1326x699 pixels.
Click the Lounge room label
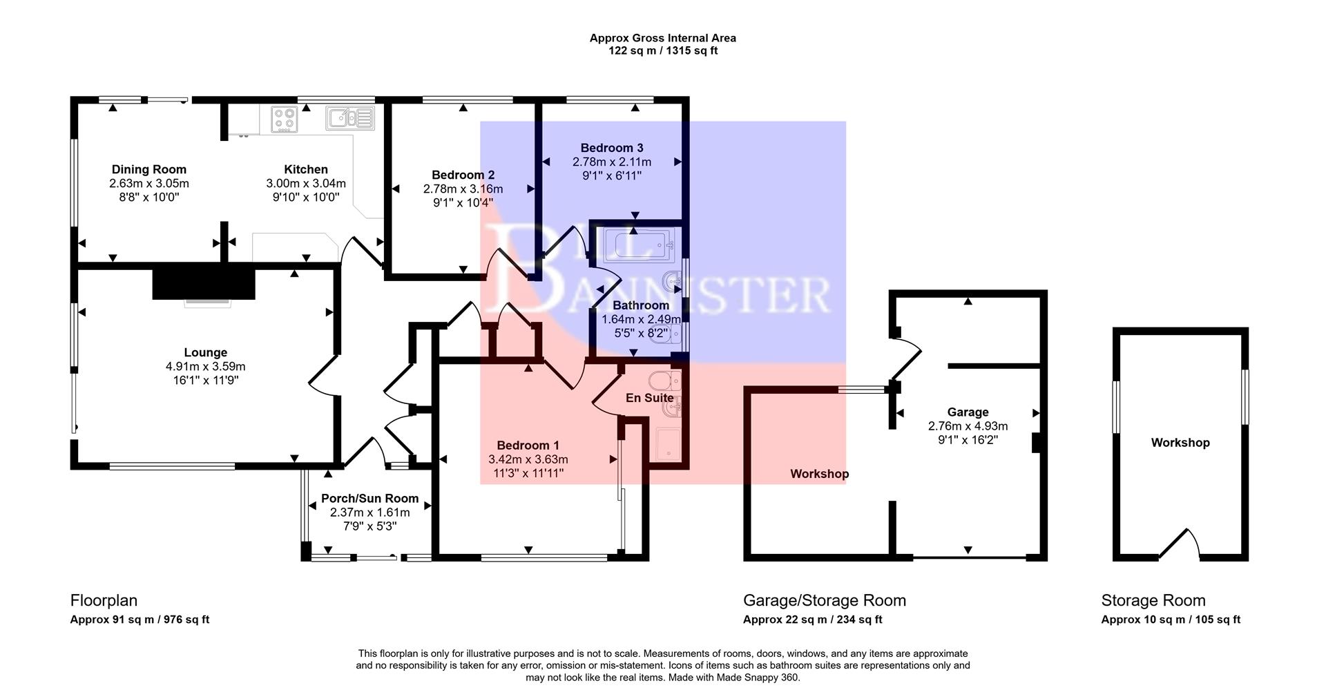pyautogui.click(x=205, y=352)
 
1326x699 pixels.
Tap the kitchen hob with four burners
pyautogui.click(x=284, y=119)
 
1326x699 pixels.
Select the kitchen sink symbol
pyautogui.click(x=350, y=118)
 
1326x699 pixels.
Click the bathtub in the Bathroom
pyautogui.click(x=635, y=246)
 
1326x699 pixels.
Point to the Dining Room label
pyautogui.click(x=149, y=169)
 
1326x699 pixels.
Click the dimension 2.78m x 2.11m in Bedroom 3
pyautogui.click(x=611, y=162)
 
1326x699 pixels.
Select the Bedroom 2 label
pyautogui.click(x=463, y=175)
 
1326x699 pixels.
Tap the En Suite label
pyautogui.click(x=649, y=398)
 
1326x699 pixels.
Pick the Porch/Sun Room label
pyautogui.click(x=369, y=499)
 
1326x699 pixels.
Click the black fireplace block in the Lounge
pyautogui.click(x=204, y=284)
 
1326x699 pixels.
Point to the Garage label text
pyautogui.click(x=968, y=412)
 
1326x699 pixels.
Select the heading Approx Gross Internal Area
pyautogui.click(x=662, y=38)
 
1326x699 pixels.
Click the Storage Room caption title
pyautogui.click(x=1153, y=600)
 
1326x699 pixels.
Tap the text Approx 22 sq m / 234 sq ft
pyautogui.click(x=812, y=620)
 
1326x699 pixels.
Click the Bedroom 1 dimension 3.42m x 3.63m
pyautogui.click(x=528, y=459)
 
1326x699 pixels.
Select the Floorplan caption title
pyautogui.click(x=104, y=600)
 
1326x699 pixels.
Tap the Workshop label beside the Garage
pyautogui.click(x=819, y=474)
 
